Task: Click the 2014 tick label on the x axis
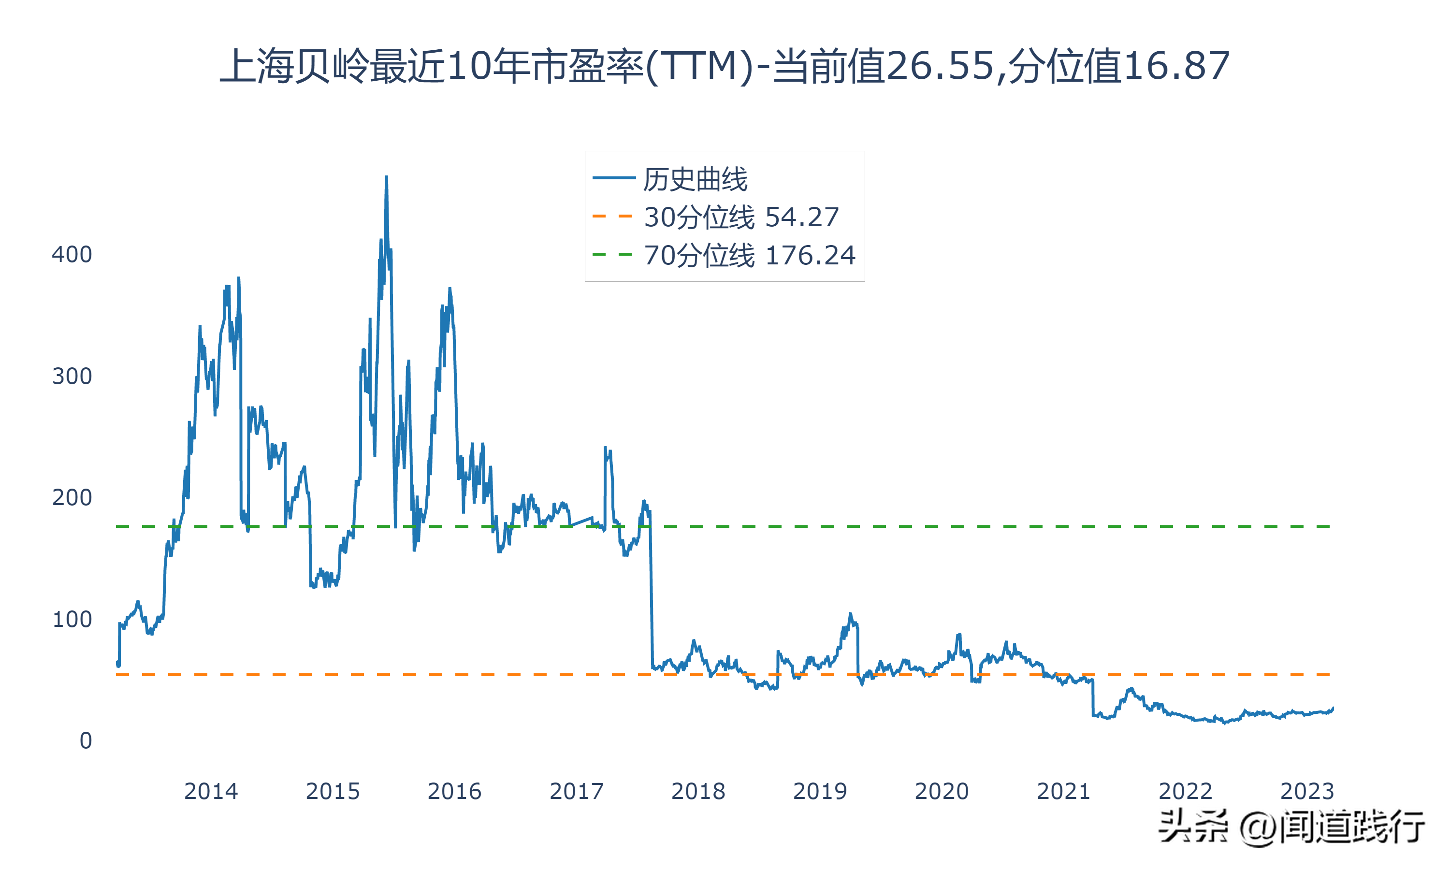pyautogui.click(x=211, y=791)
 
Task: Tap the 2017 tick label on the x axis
pyautogui.click(x=576, y=791)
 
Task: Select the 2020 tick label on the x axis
pyautogui.click(x=941, y=791)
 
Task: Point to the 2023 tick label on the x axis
pyautogui.click(x=1306, y=791)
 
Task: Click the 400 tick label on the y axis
pyautogui.click(x=72, y=254)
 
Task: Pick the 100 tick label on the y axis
pyautogui.click(x=72, y=619)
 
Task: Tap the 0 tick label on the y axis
pyautogui.click(x=86, y=740)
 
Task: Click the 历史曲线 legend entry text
pyautogui.click(x=695, y=179)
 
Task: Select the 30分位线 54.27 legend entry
pyautogui.click(x=741, y=217)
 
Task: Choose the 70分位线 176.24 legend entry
pyautogui.click(x=749, y=255)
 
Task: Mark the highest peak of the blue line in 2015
pyautogui.click(x=386, y=177)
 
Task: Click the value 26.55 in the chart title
pyautogui.click(x=940, y=65)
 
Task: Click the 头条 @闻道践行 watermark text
pyautogui.click(x=1291, y=826)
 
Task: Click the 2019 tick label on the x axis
pyautogui.click(x=820, y=791)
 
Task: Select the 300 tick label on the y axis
pyautogui.click(x=72, y=376)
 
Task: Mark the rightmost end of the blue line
pyautogui.click(x=1333, y=708)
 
